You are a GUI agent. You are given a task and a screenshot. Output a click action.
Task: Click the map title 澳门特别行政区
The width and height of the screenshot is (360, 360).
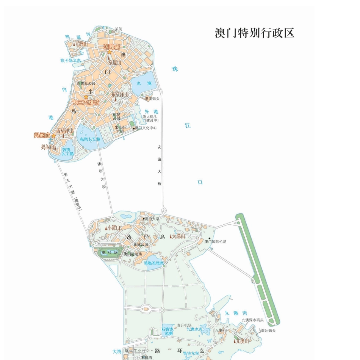pos(254,33)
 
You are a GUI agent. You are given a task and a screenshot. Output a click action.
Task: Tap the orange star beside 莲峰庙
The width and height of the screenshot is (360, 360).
pos(109,52)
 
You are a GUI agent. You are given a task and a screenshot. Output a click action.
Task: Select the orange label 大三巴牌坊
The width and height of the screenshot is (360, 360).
pos(86,102)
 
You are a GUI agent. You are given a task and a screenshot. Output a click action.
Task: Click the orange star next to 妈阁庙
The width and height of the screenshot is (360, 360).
pos(54,135)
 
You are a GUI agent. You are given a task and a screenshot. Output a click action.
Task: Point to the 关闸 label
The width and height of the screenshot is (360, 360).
pos(119,29)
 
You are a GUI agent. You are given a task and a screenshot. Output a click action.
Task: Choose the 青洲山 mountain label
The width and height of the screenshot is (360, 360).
pos(80,44)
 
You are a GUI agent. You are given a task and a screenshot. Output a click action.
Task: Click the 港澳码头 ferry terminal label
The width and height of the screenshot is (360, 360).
pos(152,99)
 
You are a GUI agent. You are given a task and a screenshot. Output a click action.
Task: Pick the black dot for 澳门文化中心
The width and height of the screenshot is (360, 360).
pos(133,128)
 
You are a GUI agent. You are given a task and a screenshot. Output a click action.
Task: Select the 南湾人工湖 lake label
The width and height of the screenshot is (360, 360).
pos(90,139)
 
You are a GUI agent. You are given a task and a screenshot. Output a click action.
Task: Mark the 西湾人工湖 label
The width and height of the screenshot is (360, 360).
pos(68,152)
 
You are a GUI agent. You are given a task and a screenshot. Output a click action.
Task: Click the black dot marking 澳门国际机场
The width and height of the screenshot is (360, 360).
pos(209,238)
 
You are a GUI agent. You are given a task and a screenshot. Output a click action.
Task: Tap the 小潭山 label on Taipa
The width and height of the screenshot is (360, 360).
pos(113,228)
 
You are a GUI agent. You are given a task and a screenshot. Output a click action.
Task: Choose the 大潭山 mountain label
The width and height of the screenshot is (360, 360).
pos(178,236)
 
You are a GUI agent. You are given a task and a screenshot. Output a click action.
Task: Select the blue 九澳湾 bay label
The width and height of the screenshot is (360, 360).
pos(235,313)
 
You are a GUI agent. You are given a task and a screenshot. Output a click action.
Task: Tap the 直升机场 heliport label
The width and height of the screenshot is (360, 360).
pos(184,325)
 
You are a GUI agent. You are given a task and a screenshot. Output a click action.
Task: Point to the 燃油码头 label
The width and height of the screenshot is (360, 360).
pos(268,330)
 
